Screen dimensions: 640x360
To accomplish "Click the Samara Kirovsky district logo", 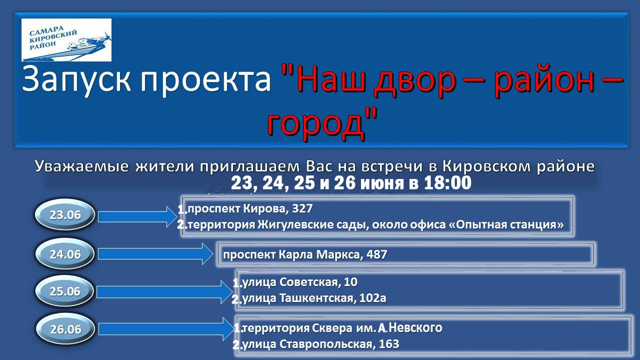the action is tap(66, 40).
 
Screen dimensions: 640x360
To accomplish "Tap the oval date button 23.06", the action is tap(65, 215).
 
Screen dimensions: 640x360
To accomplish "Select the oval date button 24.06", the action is tap(65, 254).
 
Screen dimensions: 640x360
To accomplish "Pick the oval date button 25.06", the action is tap(65, 291).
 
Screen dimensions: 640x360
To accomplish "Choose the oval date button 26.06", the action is tap(65, 329).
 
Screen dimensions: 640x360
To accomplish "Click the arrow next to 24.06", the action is tap(155, 253).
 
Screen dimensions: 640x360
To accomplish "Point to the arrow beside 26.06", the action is tap(166, 329).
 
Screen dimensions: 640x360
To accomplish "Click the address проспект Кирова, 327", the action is tap(250, 208).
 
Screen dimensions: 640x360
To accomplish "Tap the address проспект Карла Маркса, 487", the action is tap(305, 254).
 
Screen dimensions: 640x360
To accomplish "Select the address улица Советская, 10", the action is tap(299, 282).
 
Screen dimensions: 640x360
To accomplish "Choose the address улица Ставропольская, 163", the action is tap(320, 343).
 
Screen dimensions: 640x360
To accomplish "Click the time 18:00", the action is tap(447, 183).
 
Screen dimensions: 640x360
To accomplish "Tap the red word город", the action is tap(316, 125).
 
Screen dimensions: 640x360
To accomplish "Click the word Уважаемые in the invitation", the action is tap(81, 166).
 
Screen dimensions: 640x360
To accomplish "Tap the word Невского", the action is tap(415, 327).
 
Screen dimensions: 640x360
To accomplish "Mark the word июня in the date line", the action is tap(382, 183).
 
